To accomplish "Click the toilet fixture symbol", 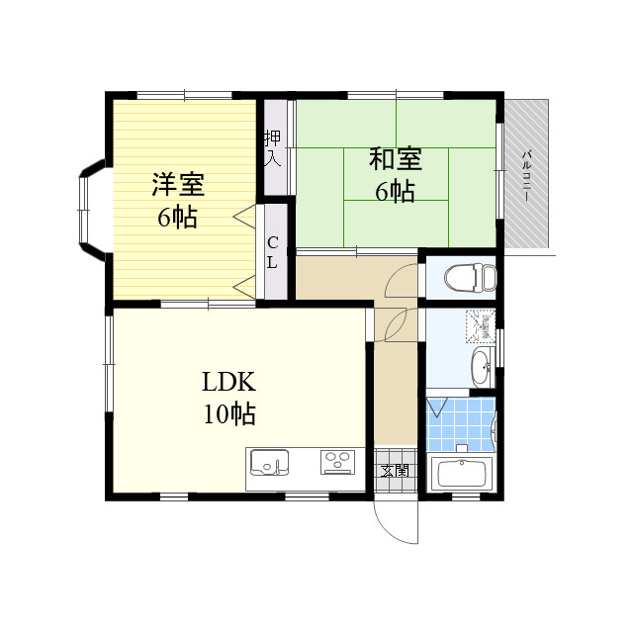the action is pyautogui.click(x=471, y=278).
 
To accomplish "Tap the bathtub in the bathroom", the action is pyautogui.click(x=462, y=474).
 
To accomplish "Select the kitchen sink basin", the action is pyautogui.click(x=269, y=462).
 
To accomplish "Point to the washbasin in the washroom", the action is pyautogui.click(x=483, y=367).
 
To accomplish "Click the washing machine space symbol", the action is pyautogui.click(x=481, y=325).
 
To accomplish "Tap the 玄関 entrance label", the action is pyautogui.click(x=396, y=471).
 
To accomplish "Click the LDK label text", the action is pyautogui.click(x=228, y=382).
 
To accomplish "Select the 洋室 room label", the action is pyautogui.click(x=178, y=185).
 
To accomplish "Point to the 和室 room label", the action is pyautogui.click(x=396, y=158).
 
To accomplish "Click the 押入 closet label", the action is pyautogui.click(x=273, y=148).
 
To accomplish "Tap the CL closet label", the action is pyautogui.click(x=273, y=253).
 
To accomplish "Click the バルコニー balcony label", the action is pyautogui.click(x=526, y=176).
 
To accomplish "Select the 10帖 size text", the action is pyautogui.click(x=228, y=413).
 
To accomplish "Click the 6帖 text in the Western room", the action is pyautogui.click(x=178, y=218).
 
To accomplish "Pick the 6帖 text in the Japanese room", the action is pyautogui.click(x=396, y=191).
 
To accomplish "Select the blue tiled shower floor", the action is pyautogui.click(x=461, y=424).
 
